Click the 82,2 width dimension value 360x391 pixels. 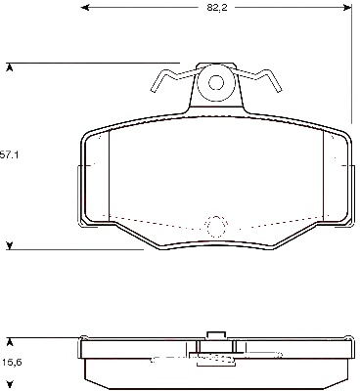point(216,8)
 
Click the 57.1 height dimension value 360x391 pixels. point(9,155)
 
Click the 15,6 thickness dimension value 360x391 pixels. point(12,362)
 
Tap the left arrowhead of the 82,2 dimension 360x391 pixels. point(85,7)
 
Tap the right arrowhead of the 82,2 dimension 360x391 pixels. point(347,7)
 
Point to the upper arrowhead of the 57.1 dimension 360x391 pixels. point(10,67)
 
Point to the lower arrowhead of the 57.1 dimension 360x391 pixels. point(10,245)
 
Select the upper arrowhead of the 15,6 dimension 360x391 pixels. point(10,342)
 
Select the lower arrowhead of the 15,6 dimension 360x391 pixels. point(10,384)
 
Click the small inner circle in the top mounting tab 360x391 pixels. point(216,75)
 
